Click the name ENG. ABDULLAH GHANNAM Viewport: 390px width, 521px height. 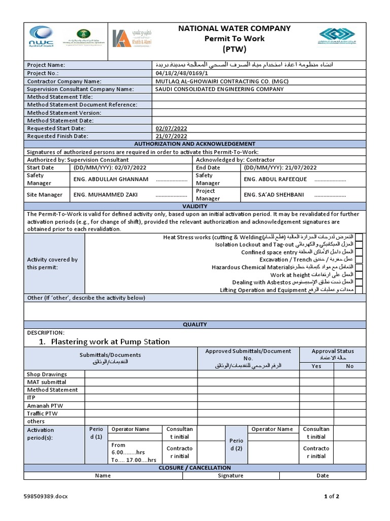point(111,179)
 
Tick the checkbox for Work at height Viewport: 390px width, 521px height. point(359,275)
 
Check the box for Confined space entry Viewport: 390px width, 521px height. point(359,252)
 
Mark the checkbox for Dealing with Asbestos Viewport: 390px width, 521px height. point(359,282)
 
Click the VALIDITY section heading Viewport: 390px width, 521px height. point(194,207)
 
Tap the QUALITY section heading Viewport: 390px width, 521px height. point(194,324)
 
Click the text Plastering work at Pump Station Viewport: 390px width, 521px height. point(110,341)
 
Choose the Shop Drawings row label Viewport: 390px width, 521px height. point(47,374)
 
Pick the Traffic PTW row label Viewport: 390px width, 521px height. point(42,414)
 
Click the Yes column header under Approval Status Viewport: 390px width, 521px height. point(316,366)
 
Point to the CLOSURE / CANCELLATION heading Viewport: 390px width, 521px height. point(194,468)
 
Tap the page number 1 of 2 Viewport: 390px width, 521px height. point(332,497)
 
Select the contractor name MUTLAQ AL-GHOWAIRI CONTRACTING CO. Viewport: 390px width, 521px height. point(219,81)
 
